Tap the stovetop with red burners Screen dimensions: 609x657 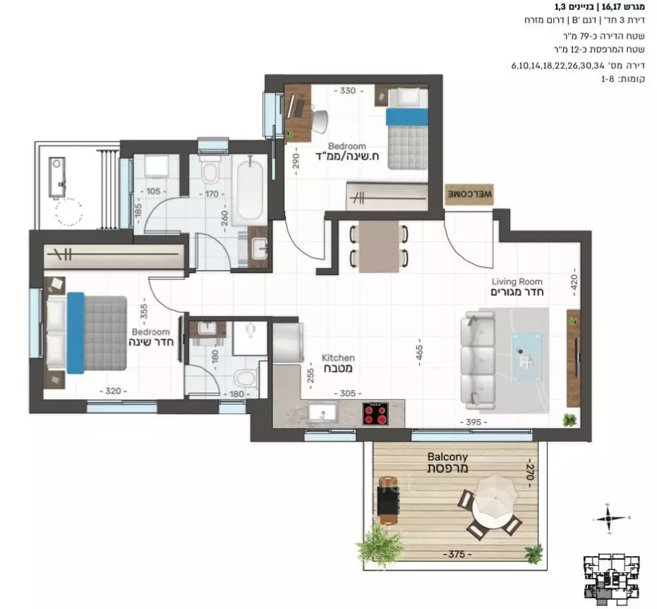pos(375,413)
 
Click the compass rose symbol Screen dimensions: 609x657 pos(608,519)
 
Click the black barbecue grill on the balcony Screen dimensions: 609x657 pos(387,501)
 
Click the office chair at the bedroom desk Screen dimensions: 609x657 pos(319,121)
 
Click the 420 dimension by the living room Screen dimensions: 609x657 pos(574,283)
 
